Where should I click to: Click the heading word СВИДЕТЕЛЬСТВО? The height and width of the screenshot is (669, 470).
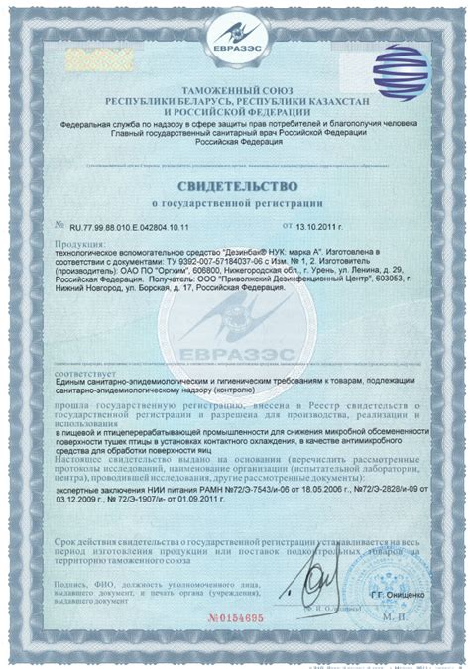click(x=234, y=185)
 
